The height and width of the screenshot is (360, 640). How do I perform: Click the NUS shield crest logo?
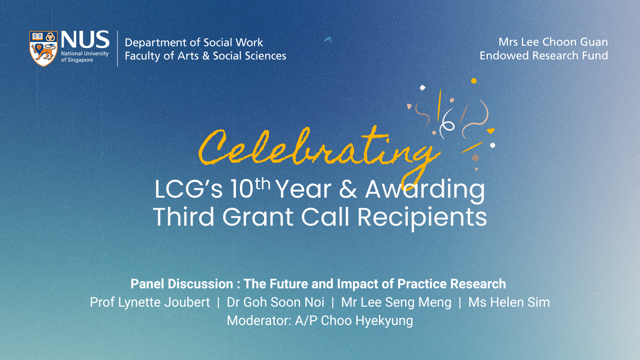[43, 49]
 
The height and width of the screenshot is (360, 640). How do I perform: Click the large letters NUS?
[85, 40]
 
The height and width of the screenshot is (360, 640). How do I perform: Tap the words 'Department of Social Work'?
[194, 43]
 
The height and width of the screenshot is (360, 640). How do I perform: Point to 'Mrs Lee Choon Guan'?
[553, 42]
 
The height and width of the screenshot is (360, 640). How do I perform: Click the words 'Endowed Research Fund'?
[544, 56]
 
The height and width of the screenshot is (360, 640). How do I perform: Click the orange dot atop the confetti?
[474, 81]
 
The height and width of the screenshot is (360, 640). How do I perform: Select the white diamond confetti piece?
[423, 88]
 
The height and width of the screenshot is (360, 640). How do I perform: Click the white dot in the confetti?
[493, 145]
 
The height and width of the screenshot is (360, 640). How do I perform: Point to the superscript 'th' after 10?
[262, 184]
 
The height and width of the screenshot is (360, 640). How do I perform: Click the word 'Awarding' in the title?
[425, 189]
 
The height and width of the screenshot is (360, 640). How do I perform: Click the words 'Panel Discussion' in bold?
[182, 284]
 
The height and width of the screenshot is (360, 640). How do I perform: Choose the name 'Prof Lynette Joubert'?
[150, 302]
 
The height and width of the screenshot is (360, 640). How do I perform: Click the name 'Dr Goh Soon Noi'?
[275, 302]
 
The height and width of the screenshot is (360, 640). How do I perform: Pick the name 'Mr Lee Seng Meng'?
[396, 302]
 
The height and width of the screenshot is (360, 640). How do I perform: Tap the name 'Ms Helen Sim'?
[509, 302]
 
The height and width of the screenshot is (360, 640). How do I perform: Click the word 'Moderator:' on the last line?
[259, 321]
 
